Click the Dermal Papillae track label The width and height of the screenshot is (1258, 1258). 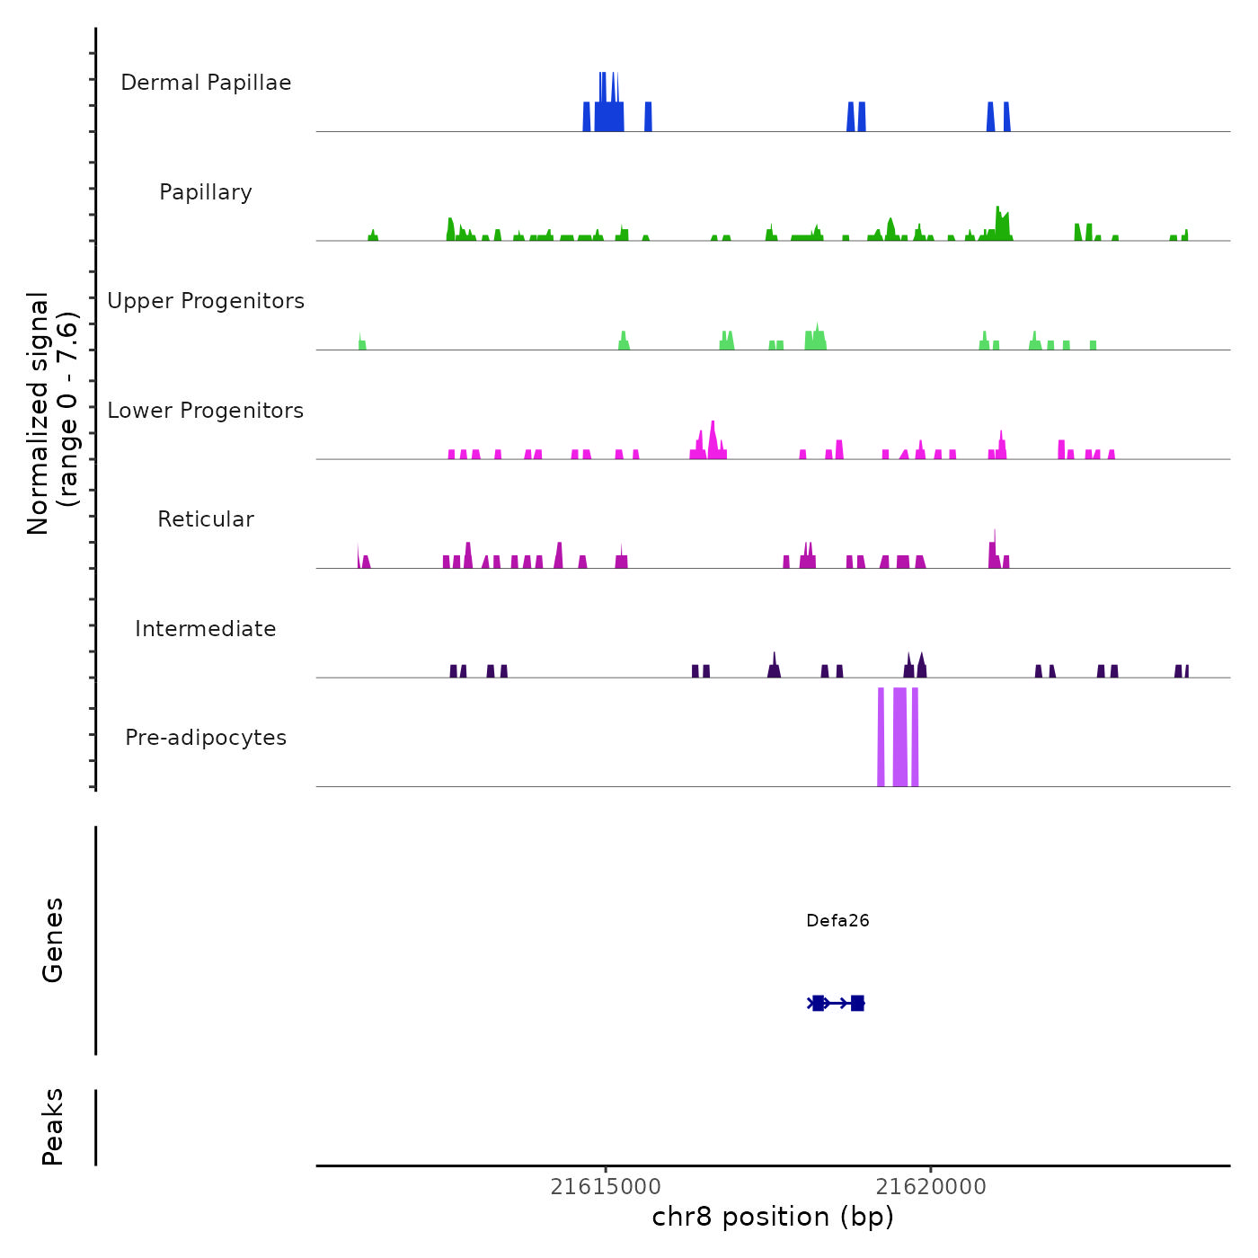(x=206, y=83)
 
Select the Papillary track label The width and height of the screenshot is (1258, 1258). (x=206, y=192)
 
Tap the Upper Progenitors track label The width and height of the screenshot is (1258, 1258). (x=206, y=301)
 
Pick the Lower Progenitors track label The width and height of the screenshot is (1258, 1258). (x=206, y=411)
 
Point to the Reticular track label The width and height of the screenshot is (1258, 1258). (x=206, y=519)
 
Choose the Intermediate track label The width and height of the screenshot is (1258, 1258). (x=206, y=629)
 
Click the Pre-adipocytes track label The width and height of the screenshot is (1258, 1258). (x=206, y=738)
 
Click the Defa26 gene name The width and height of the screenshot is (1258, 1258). (x=837, y=921)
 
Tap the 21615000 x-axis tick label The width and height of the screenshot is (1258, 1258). (x=606, y=1187)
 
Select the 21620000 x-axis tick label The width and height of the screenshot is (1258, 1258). (x=931, y=1187)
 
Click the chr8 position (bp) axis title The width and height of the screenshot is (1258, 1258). (x=773, y=1218)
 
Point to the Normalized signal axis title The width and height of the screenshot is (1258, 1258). (x=52, y=413)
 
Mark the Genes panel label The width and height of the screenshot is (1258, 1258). (x=53, y=940)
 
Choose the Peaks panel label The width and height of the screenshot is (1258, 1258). (x=53, y=1127)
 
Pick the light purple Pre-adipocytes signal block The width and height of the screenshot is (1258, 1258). (x=899, y=737)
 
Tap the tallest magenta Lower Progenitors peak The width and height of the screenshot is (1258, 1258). (x=713, y=440)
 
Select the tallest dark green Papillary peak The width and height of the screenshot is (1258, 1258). (x=998, y=225)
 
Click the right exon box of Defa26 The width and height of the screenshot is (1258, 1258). (x=857, y=1003)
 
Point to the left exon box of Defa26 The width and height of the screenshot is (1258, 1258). (x=818, y=1003)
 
